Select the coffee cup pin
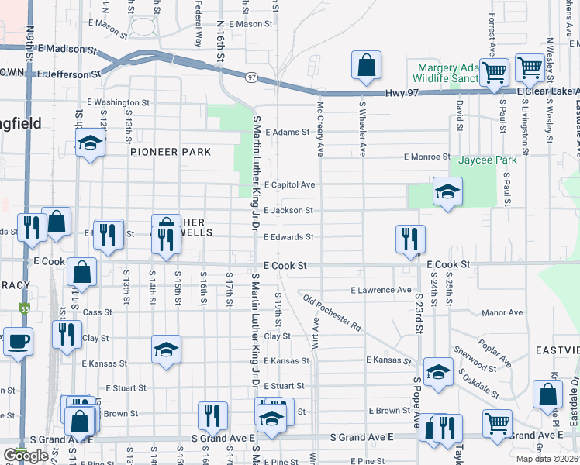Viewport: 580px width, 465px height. tap(18, 340)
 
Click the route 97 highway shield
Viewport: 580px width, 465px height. tap(252, 77)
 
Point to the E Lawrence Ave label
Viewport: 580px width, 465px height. tap(381, 290)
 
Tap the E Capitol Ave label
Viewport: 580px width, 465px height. tap(289, 185)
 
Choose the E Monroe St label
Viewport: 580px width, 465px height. tap(427, 157)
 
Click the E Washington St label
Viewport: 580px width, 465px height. tap(118, 102)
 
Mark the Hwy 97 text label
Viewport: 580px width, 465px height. tap(402, 94)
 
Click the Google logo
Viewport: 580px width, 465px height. tap(26, 456)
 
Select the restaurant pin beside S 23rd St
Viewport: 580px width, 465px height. tap(410, 238)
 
